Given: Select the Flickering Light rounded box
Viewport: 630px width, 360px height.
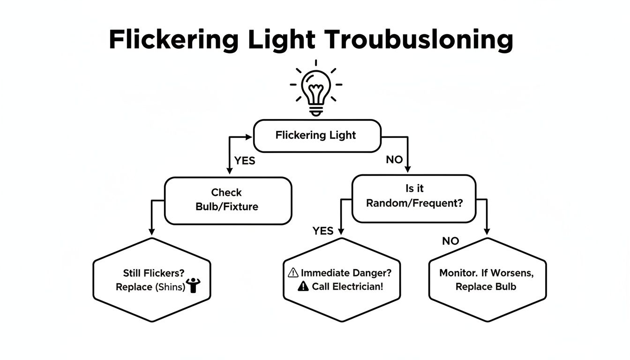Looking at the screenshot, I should [x=317, y=136].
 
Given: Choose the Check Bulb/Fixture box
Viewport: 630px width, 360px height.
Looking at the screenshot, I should [x=228, y=200].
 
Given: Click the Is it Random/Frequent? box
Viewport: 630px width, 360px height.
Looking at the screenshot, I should [x=413, y=198].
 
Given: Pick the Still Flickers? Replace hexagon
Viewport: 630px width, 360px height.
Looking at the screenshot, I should [x=152, y=280].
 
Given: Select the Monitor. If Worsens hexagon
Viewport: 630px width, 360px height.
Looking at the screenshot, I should [x=487, y=280].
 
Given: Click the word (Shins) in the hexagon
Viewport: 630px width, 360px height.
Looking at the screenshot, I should [x=170, y=287].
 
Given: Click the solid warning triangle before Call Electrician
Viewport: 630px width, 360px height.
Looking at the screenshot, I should [x=303, y=286].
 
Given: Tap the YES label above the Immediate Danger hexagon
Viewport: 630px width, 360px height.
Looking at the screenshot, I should [x=323, y=231].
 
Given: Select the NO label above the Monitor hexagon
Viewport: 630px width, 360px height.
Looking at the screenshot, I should [x=450, y=241].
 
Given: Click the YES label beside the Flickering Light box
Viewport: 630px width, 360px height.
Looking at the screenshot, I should [x=245, y=161].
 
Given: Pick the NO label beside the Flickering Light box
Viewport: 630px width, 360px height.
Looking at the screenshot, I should [x=394, y=160].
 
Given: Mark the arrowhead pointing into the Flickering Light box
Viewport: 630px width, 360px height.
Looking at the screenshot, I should [x=249, y=137].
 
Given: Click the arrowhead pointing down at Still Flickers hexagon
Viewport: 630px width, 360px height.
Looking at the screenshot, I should [x=151, y=231].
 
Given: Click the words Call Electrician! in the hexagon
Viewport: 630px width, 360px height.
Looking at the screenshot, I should [x=347, y=286].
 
